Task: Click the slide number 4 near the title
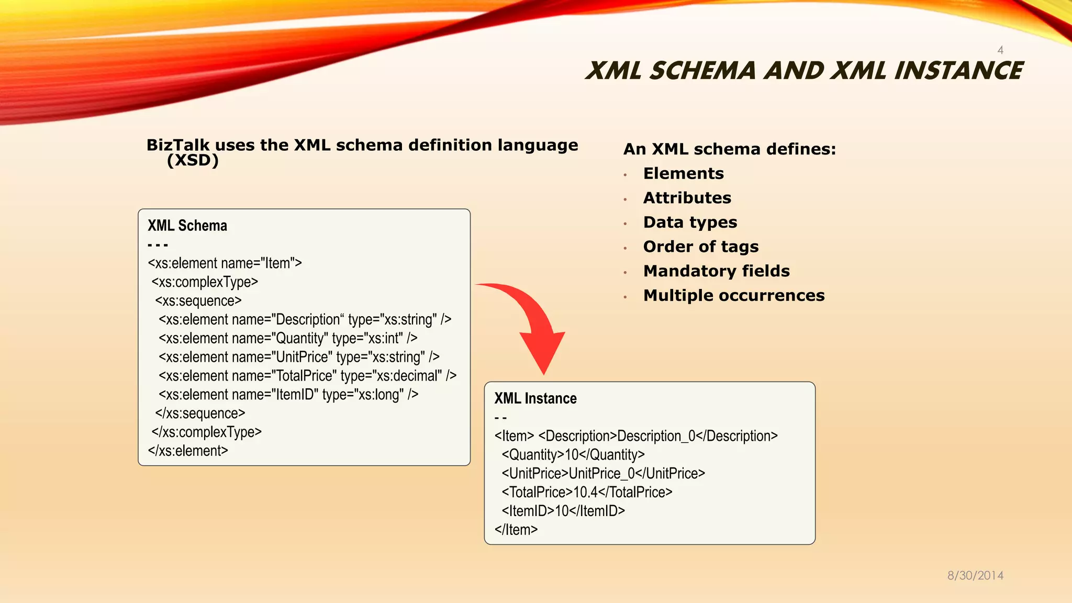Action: [x=1000, y=50]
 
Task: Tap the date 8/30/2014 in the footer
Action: [x=975, y=575]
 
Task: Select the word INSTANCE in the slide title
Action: [x=958, y=71]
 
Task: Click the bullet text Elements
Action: [x=683, y=173]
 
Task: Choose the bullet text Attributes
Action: [x=687, y=198]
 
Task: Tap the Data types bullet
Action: [x=690, y=222]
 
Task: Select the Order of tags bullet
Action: [x=700, y=247]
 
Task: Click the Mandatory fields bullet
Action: [x=716, y=271]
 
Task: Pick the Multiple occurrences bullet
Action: [x=733, y=295]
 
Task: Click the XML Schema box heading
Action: [x=187, y=226]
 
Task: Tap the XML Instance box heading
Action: [x=535, y=398]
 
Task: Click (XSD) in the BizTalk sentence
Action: [x=193, y=160]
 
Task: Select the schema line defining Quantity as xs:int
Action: [x=288, y=338]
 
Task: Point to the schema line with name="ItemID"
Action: [x=288, y=395]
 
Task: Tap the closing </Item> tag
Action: [x=516, y=529]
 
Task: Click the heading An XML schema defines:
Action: [x=729, y=149]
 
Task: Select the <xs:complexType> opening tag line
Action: [x=205, y=282]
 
